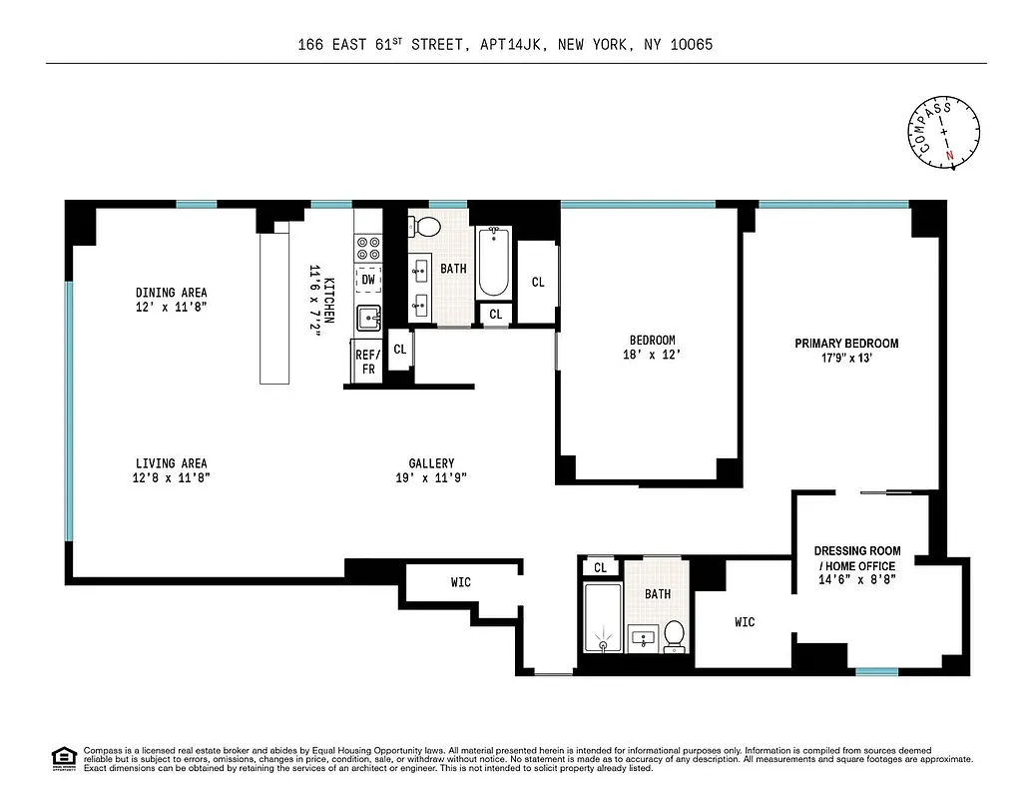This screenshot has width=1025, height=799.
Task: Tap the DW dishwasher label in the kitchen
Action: coord(368,280)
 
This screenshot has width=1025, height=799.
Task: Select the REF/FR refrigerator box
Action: coord(367,362)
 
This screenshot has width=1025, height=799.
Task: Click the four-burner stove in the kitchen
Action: coord(368,248)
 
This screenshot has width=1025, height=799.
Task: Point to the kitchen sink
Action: coord(368,319)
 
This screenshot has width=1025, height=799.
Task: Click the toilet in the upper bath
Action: coord(428,226)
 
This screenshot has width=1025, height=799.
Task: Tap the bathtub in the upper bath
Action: coord(493,262)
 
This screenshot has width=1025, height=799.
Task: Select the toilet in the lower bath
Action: coord(675,633)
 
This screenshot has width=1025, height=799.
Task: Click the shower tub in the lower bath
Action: coord(603,616)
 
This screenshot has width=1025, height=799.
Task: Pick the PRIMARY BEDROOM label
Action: coord(846,344)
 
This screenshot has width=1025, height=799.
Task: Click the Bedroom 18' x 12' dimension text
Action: coord(652,355)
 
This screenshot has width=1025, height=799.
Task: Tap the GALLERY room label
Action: coord(431,463)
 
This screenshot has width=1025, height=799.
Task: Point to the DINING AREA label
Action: coord(171,293)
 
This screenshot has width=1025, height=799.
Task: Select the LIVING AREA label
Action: coord(171,463)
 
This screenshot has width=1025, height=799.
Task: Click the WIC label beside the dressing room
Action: coord(745,622)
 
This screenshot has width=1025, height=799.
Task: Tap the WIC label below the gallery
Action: coord(460,583)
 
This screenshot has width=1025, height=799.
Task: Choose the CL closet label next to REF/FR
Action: coord(400,350)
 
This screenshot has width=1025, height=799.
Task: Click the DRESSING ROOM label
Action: coord(857,551)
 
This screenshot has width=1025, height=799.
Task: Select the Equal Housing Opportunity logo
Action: coord(63,758)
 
